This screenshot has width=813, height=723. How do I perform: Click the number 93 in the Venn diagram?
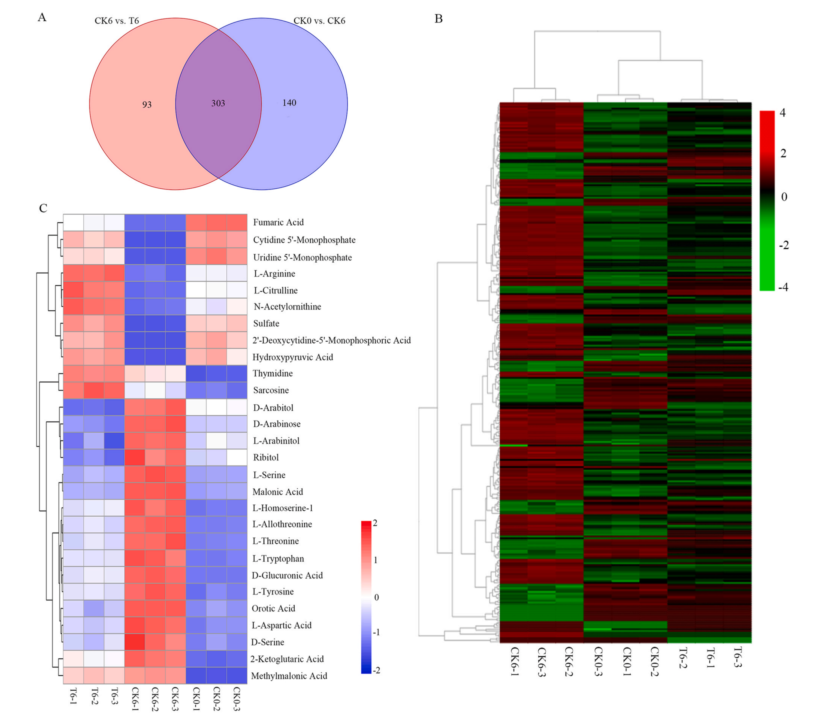[x=147, y=105]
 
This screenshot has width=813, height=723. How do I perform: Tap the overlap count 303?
[x=218, y=103]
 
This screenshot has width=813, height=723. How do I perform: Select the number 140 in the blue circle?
[x=289, y=103]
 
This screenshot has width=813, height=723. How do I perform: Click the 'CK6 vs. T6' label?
[x=117, y=21]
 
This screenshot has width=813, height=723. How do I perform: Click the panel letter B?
[x=438, y=19]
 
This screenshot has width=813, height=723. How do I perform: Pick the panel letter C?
[x=43, y=208]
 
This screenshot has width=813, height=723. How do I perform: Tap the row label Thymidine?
[x=273, y=373]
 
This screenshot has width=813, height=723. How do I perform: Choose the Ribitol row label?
[x=266, y=457]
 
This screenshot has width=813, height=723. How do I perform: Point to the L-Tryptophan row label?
[x=278, y=559]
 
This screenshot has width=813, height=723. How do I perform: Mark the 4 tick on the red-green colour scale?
[x=782, y=113]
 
